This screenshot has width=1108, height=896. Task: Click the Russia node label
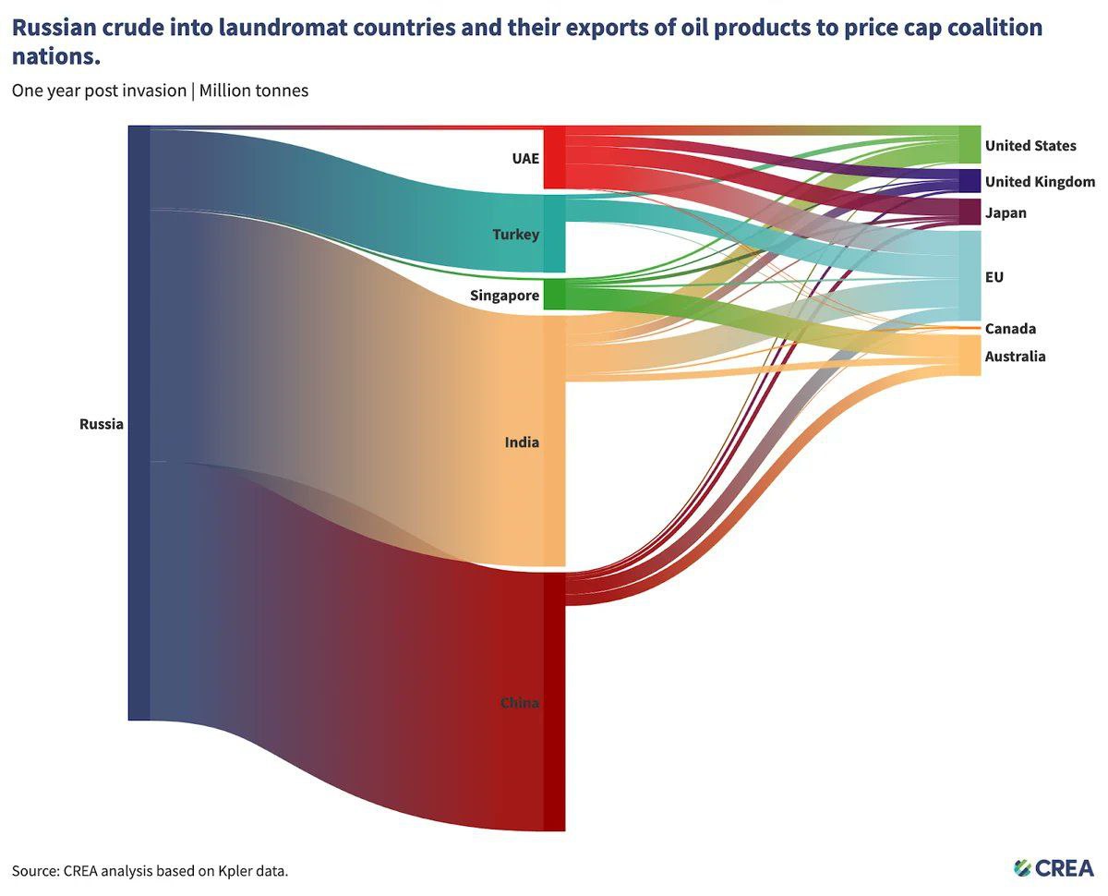[101, 425]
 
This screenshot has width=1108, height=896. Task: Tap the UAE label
[525, 158]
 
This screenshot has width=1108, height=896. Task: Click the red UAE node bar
[554, 159]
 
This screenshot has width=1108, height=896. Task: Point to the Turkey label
[515, 235]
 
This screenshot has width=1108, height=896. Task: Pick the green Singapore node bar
[554, 296]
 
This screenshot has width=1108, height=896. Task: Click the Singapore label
[504, 296]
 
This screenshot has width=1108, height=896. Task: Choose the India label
[522, 442]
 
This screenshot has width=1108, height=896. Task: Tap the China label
[519, 703]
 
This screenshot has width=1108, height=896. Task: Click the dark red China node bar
[554, 702]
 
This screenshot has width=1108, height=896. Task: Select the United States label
[1030, 146]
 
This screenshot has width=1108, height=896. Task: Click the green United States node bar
[969, 145]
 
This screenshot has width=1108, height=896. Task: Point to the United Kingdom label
[1040, 182]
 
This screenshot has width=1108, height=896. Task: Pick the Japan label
[1006, 213]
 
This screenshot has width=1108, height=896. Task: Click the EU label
[994, 277]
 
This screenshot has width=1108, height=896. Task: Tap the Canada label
[1010, 329]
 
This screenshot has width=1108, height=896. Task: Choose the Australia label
[1015, 357]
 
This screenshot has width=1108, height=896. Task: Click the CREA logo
[1054, 867]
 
